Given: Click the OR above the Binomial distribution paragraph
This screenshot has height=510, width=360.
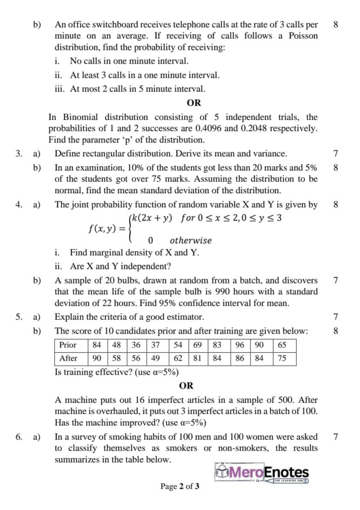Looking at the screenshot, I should (193, 103).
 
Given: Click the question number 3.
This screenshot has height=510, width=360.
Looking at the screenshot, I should (18, 154).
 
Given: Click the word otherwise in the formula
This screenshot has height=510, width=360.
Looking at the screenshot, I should (190, 241).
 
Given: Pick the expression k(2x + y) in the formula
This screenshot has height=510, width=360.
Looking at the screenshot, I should (152, 218).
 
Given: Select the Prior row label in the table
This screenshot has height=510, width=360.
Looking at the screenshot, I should (68, 345).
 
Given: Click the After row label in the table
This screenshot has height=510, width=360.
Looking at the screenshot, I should (68, 358).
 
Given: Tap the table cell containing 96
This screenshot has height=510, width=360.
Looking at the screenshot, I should (240, 345).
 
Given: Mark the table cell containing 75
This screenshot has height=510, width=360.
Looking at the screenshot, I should (282, 358).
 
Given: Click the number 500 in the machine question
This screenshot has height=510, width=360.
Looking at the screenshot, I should (296, 400).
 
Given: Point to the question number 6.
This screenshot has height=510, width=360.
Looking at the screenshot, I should (18, 437).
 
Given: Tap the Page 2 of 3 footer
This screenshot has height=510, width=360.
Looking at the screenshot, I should (180, 487).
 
